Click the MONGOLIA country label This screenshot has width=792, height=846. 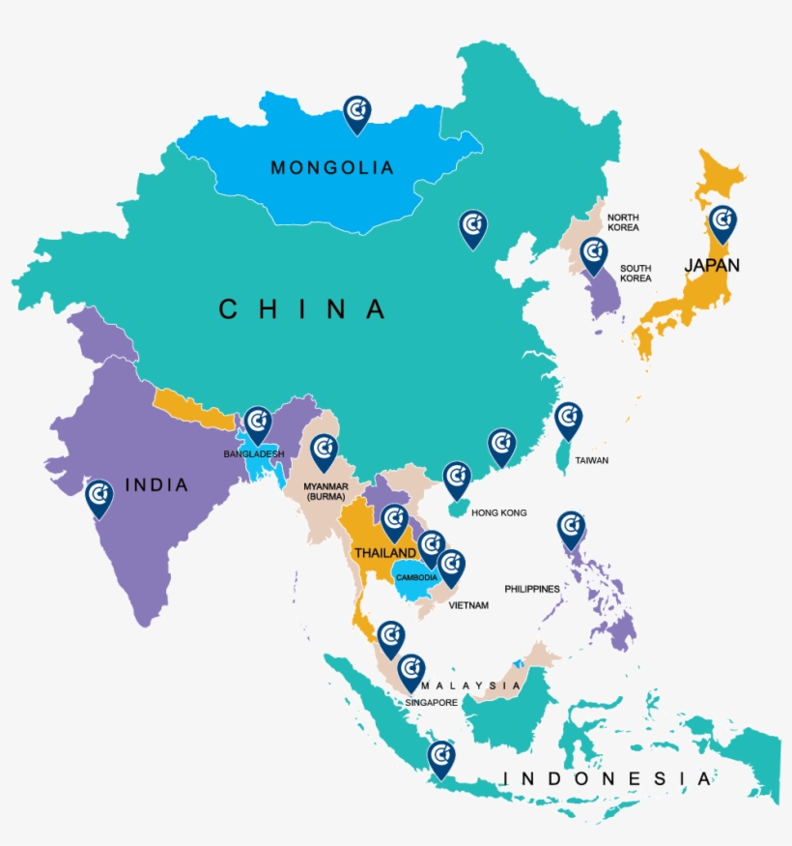point(332,168)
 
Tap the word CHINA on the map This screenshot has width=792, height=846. point(302,309)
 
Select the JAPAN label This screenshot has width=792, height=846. point(712,265)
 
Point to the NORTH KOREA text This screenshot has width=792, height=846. point(623,222)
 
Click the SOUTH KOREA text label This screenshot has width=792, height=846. point(636,274)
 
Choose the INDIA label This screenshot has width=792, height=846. point(156,484)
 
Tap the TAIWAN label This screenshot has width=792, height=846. point(591,460)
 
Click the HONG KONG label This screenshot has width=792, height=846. point(498,512)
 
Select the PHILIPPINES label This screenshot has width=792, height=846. point(531,588)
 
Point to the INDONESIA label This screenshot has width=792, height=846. point(607,778)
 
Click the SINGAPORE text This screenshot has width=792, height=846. point(432,703)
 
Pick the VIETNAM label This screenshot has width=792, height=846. point(468,605)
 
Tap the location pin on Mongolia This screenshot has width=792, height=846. point(357,113)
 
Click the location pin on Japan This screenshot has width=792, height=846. point(721,223)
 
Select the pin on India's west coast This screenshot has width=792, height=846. point(99,497)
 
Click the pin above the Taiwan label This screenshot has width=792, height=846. point(569,420)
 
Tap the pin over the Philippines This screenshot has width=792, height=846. point(572,528)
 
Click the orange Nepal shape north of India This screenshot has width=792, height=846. point(193,406)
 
